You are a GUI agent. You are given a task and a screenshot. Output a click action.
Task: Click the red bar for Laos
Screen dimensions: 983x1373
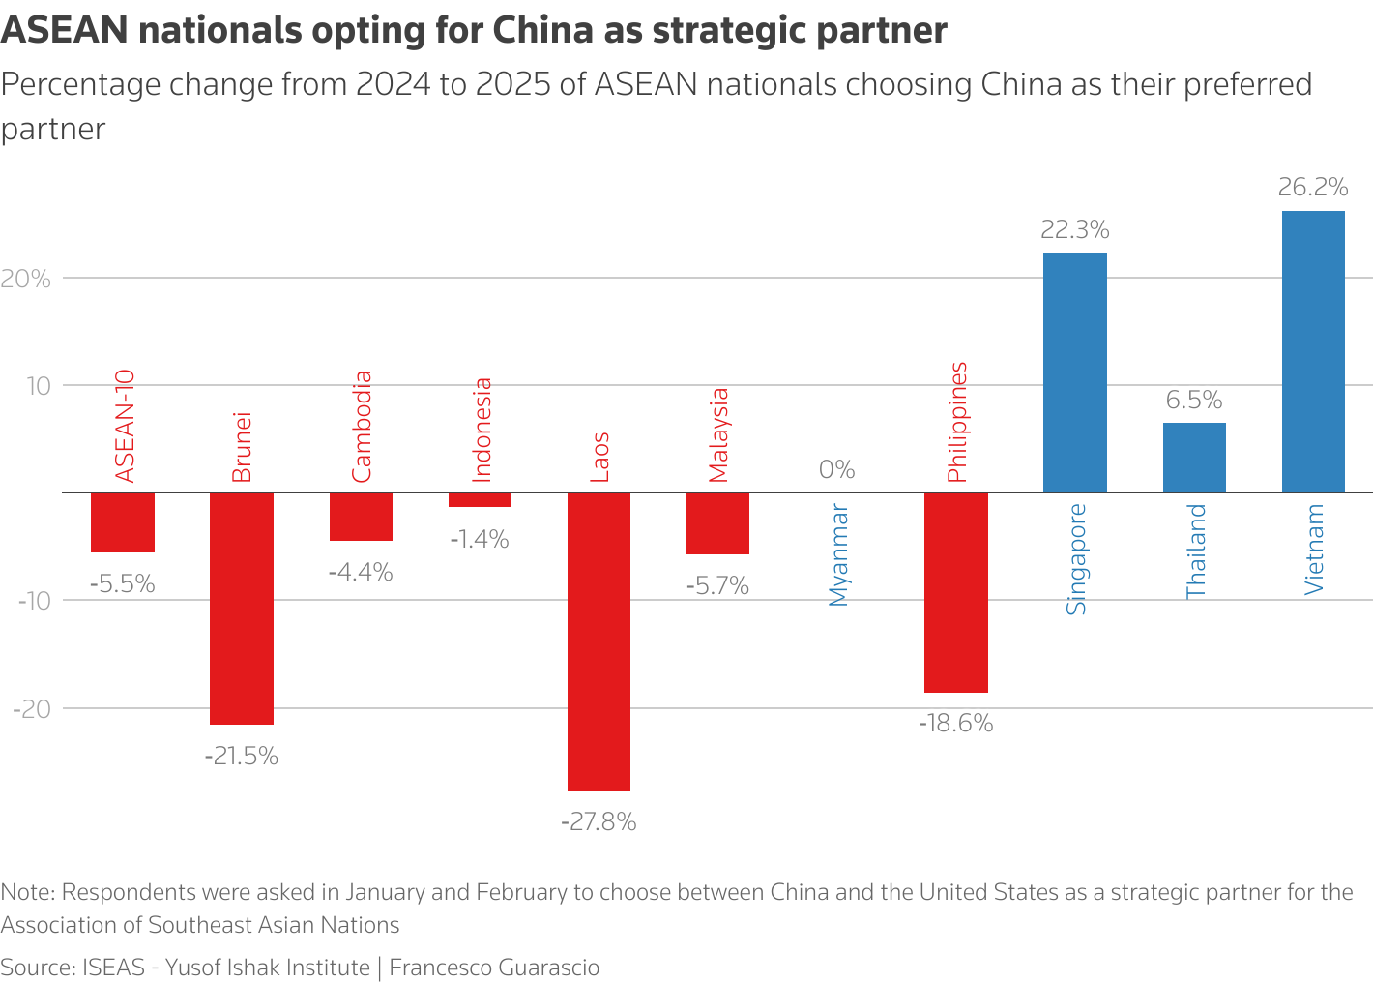pyautogui.click(x=599, y=641)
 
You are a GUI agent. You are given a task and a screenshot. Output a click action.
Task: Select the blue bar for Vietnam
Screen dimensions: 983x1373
pyautogui.click(x=1313, y=351)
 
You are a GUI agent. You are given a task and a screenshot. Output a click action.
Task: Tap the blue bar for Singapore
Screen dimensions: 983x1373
pyautogui.click(x=1074, y=372)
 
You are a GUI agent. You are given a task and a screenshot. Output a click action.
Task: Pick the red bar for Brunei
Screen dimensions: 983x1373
pyautogui.click(x=242, y=608)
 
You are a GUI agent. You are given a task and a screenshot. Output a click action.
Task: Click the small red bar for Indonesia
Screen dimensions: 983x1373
pyautogui.click(x=480, y=500)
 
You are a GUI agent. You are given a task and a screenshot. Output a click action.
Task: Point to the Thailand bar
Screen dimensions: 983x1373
pyautogui.click(x=1194, y=458)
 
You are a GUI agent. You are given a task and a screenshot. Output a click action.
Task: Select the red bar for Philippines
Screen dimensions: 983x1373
pyautogui.click(x=955, y=592)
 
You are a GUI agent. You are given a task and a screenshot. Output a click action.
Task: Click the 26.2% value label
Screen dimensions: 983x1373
pyautogui.click(x=1312, y=187)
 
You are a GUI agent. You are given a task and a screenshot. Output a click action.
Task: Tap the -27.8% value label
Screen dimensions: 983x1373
pyautogui.click(x=599, y=822)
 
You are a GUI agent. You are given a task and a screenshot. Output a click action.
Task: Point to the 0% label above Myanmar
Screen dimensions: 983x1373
pyautogui.click(x=836, y=470)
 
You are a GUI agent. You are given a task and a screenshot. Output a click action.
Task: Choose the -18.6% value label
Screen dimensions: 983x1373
pyautogui.click(x=955, y=724)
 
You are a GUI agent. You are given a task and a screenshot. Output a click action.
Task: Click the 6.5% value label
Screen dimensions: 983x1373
pyautogui.click(x=1194, y=401)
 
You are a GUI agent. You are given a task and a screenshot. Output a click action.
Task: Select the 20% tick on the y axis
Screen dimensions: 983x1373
pyautogui.click(x=26, y=280)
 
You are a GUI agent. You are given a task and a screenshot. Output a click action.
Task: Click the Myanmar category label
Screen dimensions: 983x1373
pyautogui.click(x=838, y=555)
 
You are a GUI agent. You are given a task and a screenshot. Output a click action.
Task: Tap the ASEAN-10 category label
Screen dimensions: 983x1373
pyautogui.click(x=124, y=426)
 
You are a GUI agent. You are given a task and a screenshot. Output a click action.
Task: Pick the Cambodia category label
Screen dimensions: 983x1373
pyautogui.click(x=362, y=427)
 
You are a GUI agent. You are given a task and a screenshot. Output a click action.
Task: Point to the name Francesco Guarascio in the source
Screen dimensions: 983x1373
pyautogui.click(x=494, y=968)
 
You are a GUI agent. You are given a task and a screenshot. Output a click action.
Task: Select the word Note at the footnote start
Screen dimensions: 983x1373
pyautogui.click(x=27, y=892)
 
